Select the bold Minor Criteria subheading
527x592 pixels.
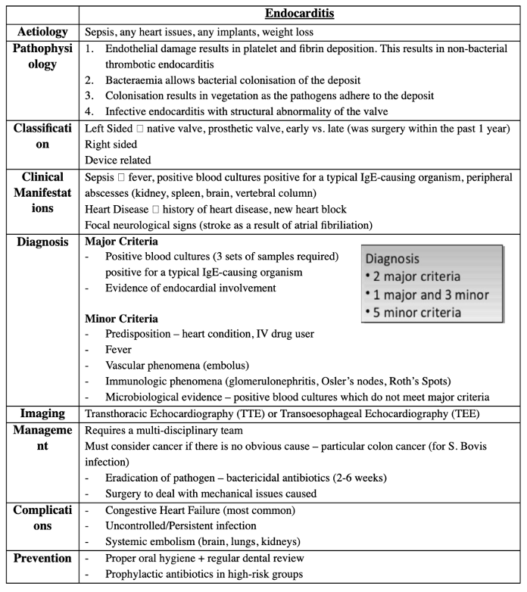[122, 319]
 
